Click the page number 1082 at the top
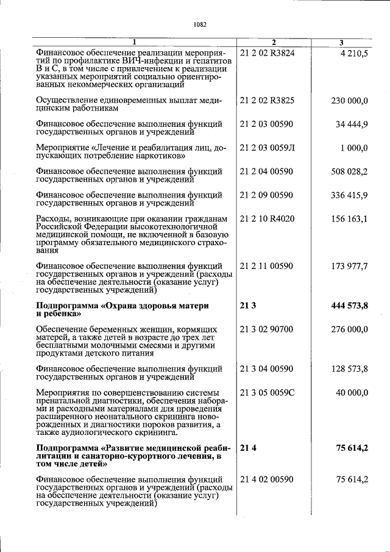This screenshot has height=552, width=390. [200, 25]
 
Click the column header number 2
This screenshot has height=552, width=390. [274, 43]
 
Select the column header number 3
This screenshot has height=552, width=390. [341, 43]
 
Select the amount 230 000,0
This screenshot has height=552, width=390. [349, 100]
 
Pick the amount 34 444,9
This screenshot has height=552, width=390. [352, 124]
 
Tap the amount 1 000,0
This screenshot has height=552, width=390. [355, 148]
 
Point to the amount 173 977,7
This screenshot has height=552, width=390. [349, 266]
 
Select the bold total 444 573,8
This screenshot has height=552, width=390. [348, 306]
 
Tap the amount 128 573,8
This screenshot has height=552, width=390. [349, 368]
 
